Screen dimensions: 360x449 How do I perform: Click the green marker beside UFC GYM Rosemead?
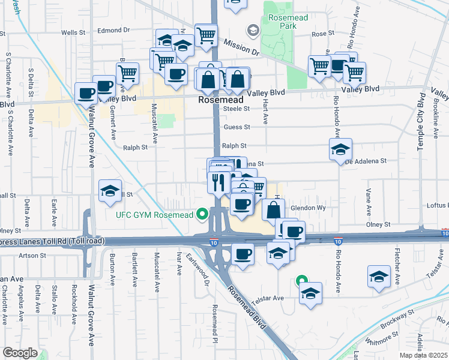(x=203, y=214)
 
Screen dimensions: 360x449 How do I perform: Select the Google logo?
(x=20, y=352)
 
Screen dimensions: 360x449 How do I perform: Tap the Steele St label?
(x=236, y=109)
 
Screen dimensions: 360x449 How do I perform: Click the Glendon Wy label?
(x=308, y=208)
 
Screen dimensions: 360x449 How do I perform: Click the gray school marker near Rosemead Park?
(x=253, y=29)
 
